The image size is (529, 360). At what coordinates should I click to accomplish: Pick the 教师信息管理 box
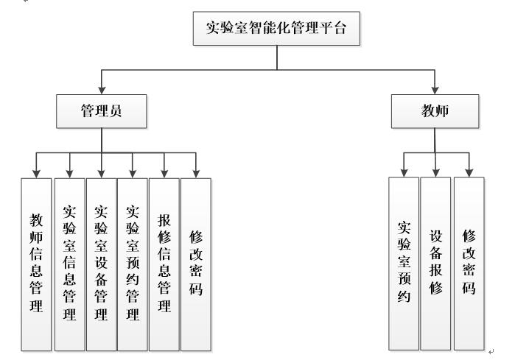coord(36,263)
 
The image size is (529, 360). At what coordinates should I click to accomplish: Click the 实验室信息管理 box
coord(69,263)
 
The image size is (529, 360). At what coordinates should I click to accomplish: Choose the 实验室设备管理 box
coord(101,263)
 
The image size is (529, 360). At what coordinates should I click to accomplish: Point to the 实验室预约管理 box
coord(133,263)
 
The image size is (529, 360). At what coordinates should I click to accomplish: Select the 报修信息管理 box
coord(164,263)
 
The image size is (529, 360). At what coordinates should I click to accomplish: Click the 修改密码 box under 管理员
coord(196,263)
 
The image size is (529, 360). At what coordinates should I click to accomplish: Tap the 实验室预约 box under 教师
coord(404,263)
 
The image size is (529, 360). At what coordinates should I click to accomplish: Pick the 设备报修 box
coord(435,263)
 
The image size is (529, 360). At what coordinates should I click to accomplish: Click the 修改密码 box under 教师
coord(469,263)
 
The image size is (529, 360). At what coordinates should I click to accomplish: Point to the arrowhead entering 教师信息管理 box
coord(36,174)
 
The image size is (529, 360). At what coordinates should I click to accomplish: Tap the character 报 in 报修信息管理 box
coord(164,221)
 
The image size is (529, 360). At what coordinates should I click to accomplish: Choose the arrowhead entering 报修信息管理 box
coord(164,174)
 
